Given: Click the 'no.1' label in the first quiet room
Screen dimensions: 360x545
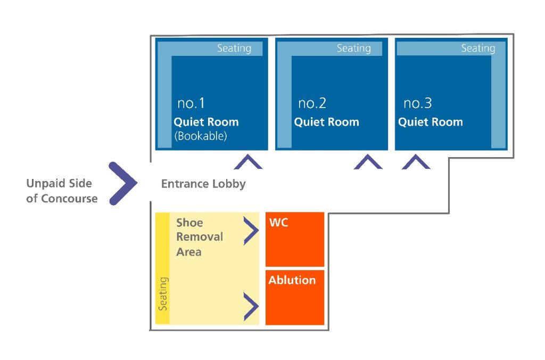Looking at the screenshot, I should click(191, 103).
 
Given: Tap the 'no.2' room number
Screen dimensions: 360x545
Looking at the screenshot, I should click(311, 103).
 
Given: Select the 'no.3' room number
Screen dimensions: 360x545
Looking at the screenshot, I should click(417, 103).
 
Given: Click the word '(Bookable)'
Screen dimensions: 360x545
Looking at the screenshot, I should click(201, 136).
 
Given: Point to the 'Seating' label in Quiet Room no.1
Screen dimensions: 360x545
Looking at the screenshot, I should click(234, 48).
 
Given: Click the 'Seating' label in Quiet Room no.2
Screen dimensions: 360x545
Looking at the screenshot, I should click(353, 48).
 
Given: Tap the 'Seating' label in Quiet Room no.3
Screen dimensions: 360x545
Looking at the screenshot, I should click(477, 48).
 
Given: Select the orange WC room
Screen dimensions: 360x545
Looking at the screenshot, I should click(295, 242).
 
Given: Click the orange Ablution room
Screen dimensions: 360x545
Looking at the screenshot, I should click(295, 301).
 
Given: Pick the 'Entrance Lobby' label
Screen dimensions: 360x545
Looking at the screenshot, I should click(203, 184).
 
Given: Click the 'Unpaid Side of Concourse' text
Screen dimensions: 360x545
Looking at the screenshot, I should click(61, 191).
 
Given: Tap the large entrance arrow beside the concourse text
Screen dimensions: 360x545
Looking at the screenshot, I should click(123, 184).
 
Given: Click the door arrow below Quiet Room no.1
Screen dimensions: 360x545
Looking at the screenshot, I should click(247, 162).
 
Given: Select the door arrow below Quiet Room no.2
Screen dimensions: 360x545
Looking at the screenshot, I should click(368, 162).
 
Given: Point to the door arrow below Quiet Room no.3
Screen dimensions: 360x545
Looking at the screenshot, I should click(416, 162).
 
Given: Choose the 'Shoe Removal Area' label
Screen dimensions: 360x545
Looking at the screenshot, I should click(199, 237).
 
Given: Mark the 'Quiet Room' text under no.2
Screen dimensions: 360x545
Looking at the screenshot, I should click(326, 122).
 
